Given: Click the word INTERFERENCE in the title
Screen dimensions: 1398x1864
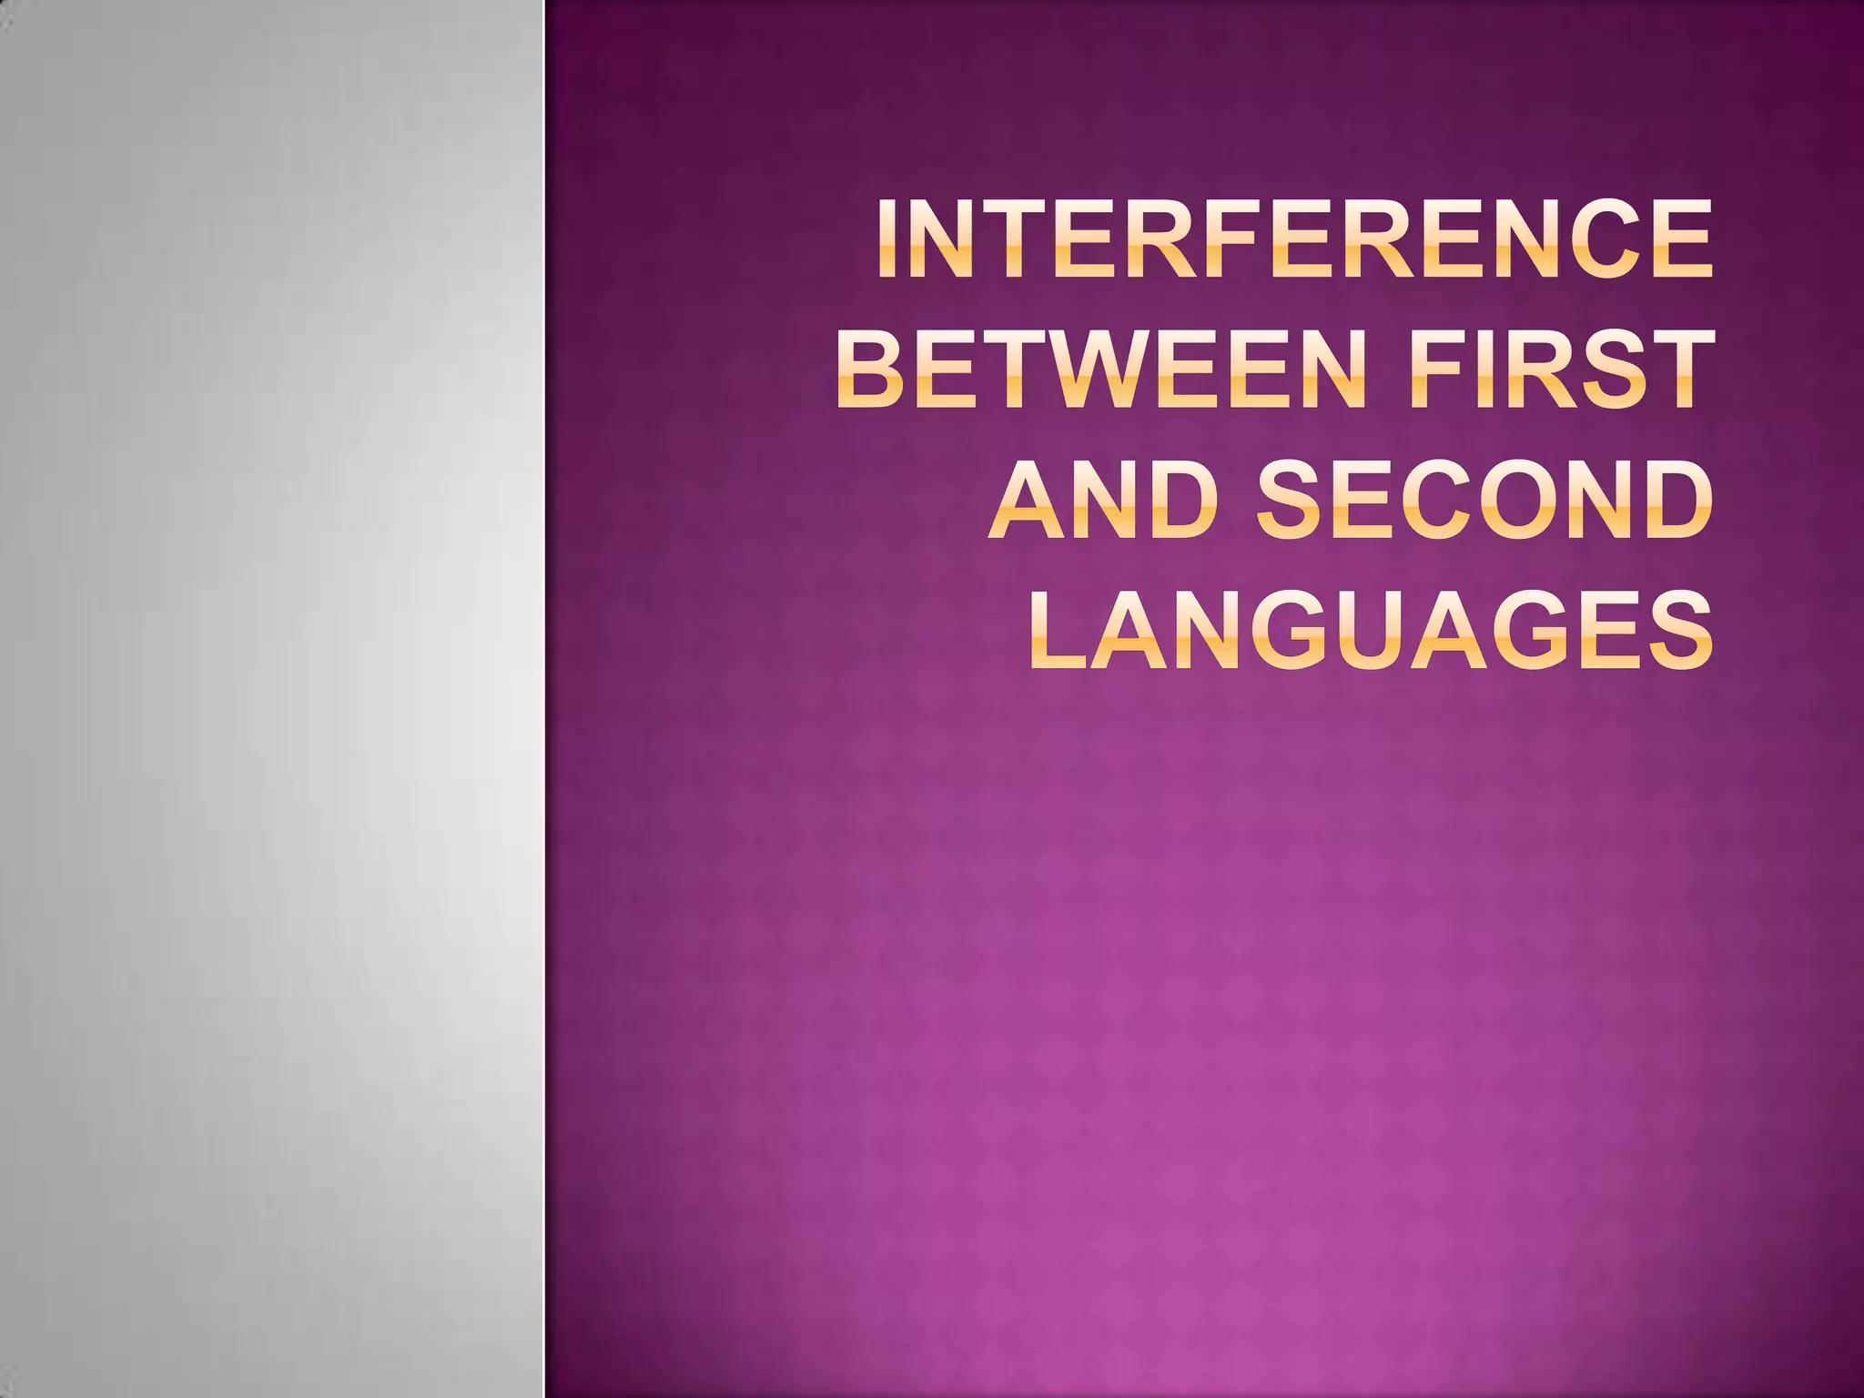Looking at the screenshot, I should click(1294, 238).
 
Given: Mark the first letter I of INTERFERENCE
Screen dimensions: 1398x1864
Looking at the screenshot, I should click(888, 238).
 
